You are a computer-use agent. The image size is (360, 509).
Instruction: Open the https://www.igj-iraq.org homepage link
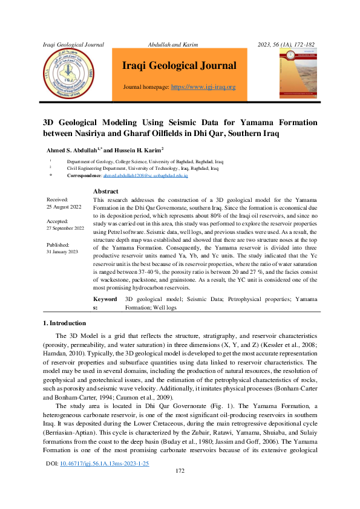coord(203,87)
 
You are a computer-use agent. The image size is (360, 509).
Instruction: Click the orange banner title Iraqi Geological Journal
coord(179,66)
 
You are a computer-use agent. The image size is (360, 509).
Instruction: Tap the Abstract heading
coord(106,191)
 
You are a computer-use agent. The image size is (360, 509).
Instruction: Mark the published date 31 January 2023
coord(63,251)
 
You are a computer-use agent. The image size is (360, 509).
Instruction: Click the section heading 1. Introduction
coord(68,323)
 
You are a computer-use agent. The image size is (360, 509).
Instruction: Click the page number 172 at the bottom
coord(180,488)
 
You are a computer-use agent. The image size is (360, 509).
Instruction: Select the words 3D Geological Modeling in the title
coord(89,122)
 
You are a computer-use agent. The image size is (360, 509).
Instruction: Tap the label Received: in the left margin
coord(57,199)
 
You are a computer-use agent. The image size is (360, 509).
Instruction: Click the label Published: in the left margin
coord(58,244)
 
